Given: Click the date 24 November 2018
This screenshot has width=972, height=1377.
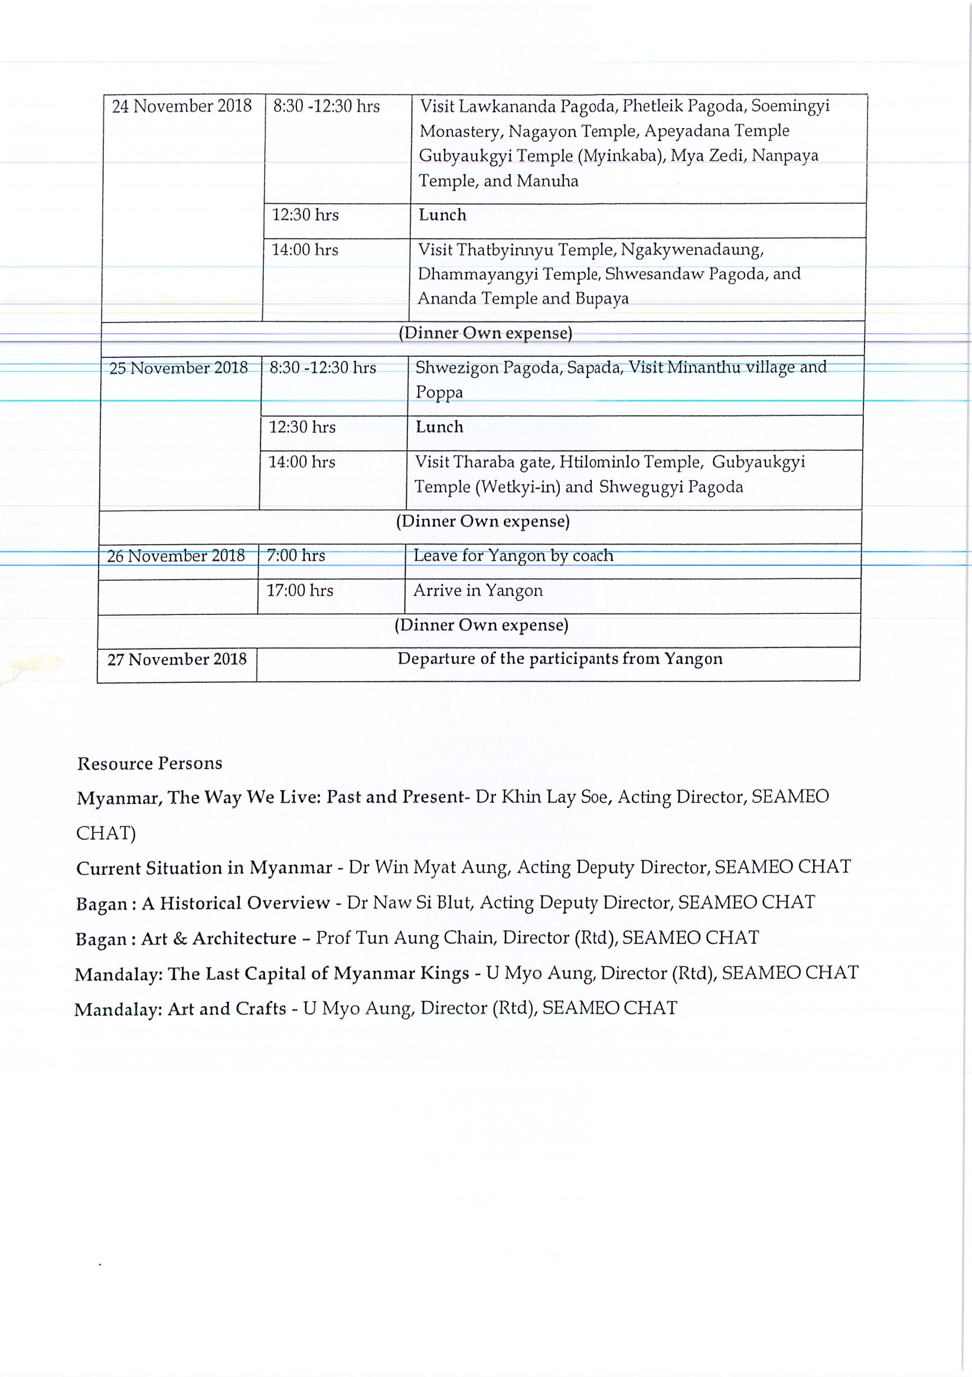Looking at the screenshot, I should pos(182,106).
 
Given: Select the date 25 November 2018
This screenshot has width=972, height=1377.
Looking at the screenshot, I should pos(178,367).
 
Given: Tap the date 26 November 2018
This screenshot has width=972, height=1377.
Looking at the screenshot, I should pos(176,556).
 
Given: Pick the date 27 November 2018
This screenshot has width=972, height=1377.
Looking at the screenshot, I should pos(177,660).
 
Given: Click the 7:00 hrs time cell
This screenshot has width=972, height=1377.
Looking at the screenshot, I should pos(296,555).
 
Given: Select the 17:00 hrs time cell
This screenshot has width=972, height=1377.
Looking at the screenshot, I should pos(299,590).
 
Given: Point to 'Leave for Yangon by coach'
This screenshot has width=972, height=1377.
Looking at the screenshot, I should pos(513,555).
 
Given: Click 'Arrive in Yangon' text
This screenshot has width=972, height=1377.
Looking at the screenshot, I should pos(478,590).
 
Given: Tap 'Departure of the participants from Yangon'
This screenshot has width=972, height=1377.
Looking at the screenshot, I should pos(559,659).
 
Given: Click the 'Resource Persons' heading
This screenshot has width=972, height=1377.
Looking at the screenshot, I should pos(149,763).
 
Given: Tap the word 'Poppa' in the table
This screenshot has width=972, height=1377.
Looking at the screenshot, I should pos(439,392).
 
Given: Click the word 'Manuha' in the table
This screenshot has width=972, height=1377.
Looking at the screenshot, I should pos(547,181).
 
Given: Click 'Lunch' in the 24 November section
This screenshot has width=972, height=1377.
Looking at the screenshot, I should pos(442,214).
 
